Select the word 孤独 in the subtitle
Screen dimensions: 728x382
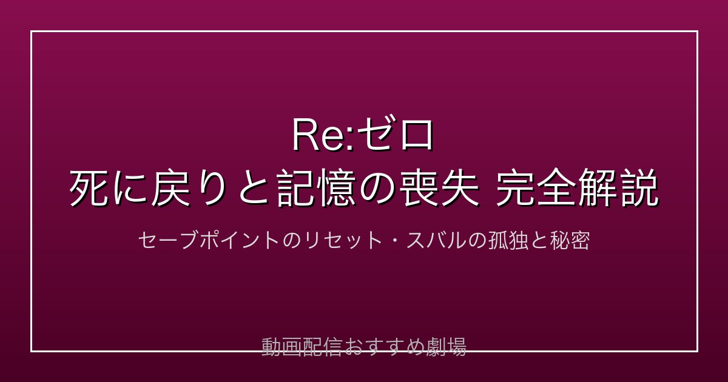pyautogui.click(x=508, y=240)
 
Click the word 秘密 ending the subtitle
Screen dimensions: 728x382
pyautogui.click(x=570, y=240)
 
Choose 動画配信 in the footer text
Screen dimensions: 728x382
pyautogui.click(x=302, y=347)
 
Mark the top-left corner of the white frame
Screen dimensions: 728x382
pyautogui.click(x=32, y=32)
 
